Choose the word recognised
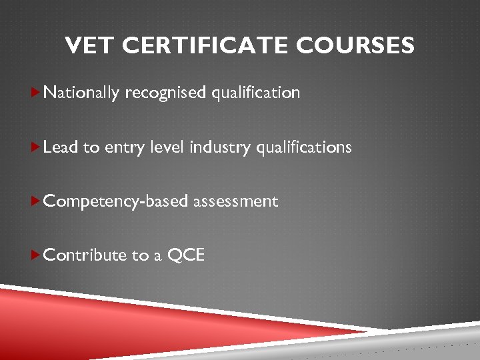click(166, 93)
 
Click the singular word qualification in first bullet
click(256, 93)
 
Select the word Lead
click(61, 147)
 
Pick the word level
click(168, 147)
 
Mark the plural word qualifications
click(302, 147)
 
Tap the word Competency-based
click(116, 201)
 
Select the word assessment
click(235, 201)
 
